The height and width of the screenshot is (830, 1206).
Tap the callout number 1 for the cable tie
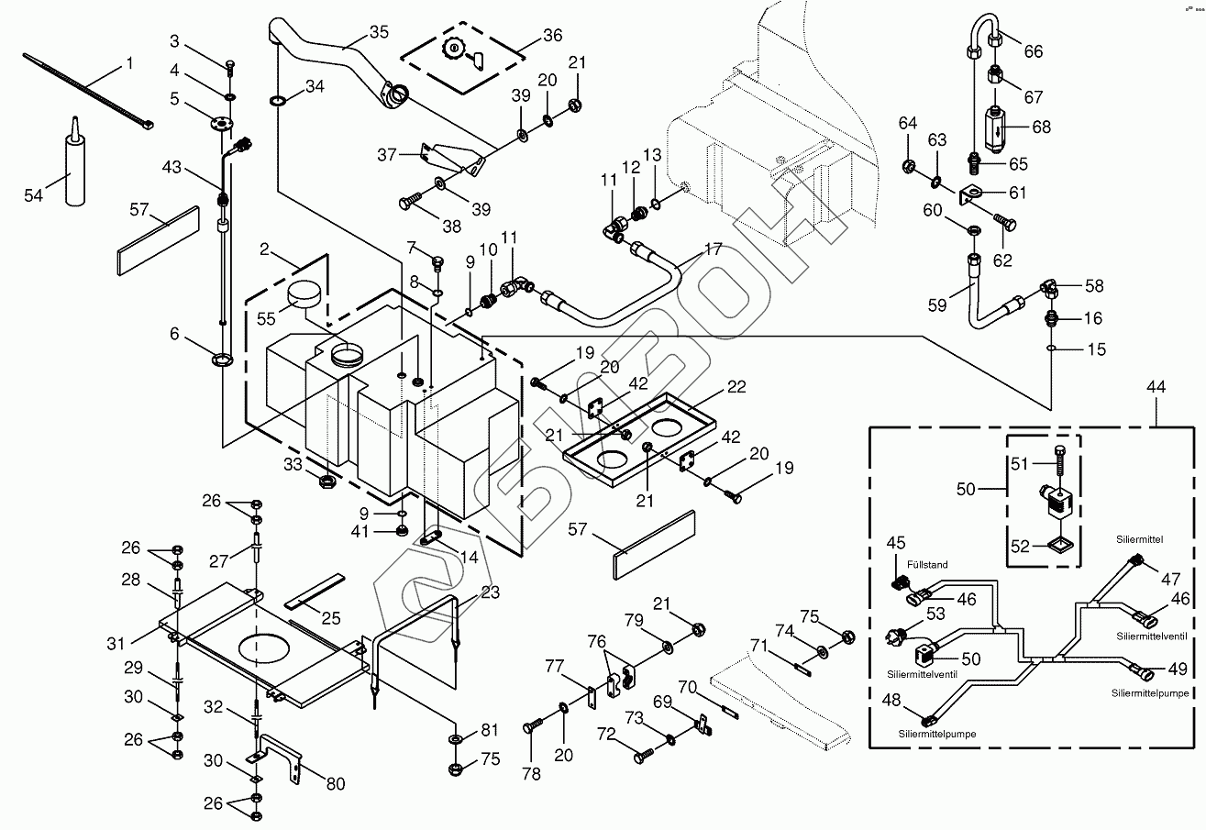coord(129,63)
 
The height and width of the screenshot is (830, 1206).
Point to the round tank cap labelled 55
coord(304,295)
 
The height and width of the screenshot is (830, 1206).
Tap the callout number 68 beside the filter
coord(1041,127)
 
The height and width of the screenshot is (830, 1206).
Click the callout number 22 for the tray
coord(736,387)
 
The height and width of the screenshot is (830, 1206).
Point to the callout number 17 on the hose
coord(713,248)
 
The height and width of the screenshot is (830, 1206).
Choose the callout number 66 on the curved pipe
coord(1034,51)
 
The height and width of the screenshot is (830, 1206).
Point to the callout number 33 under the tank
coord(292,464)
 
